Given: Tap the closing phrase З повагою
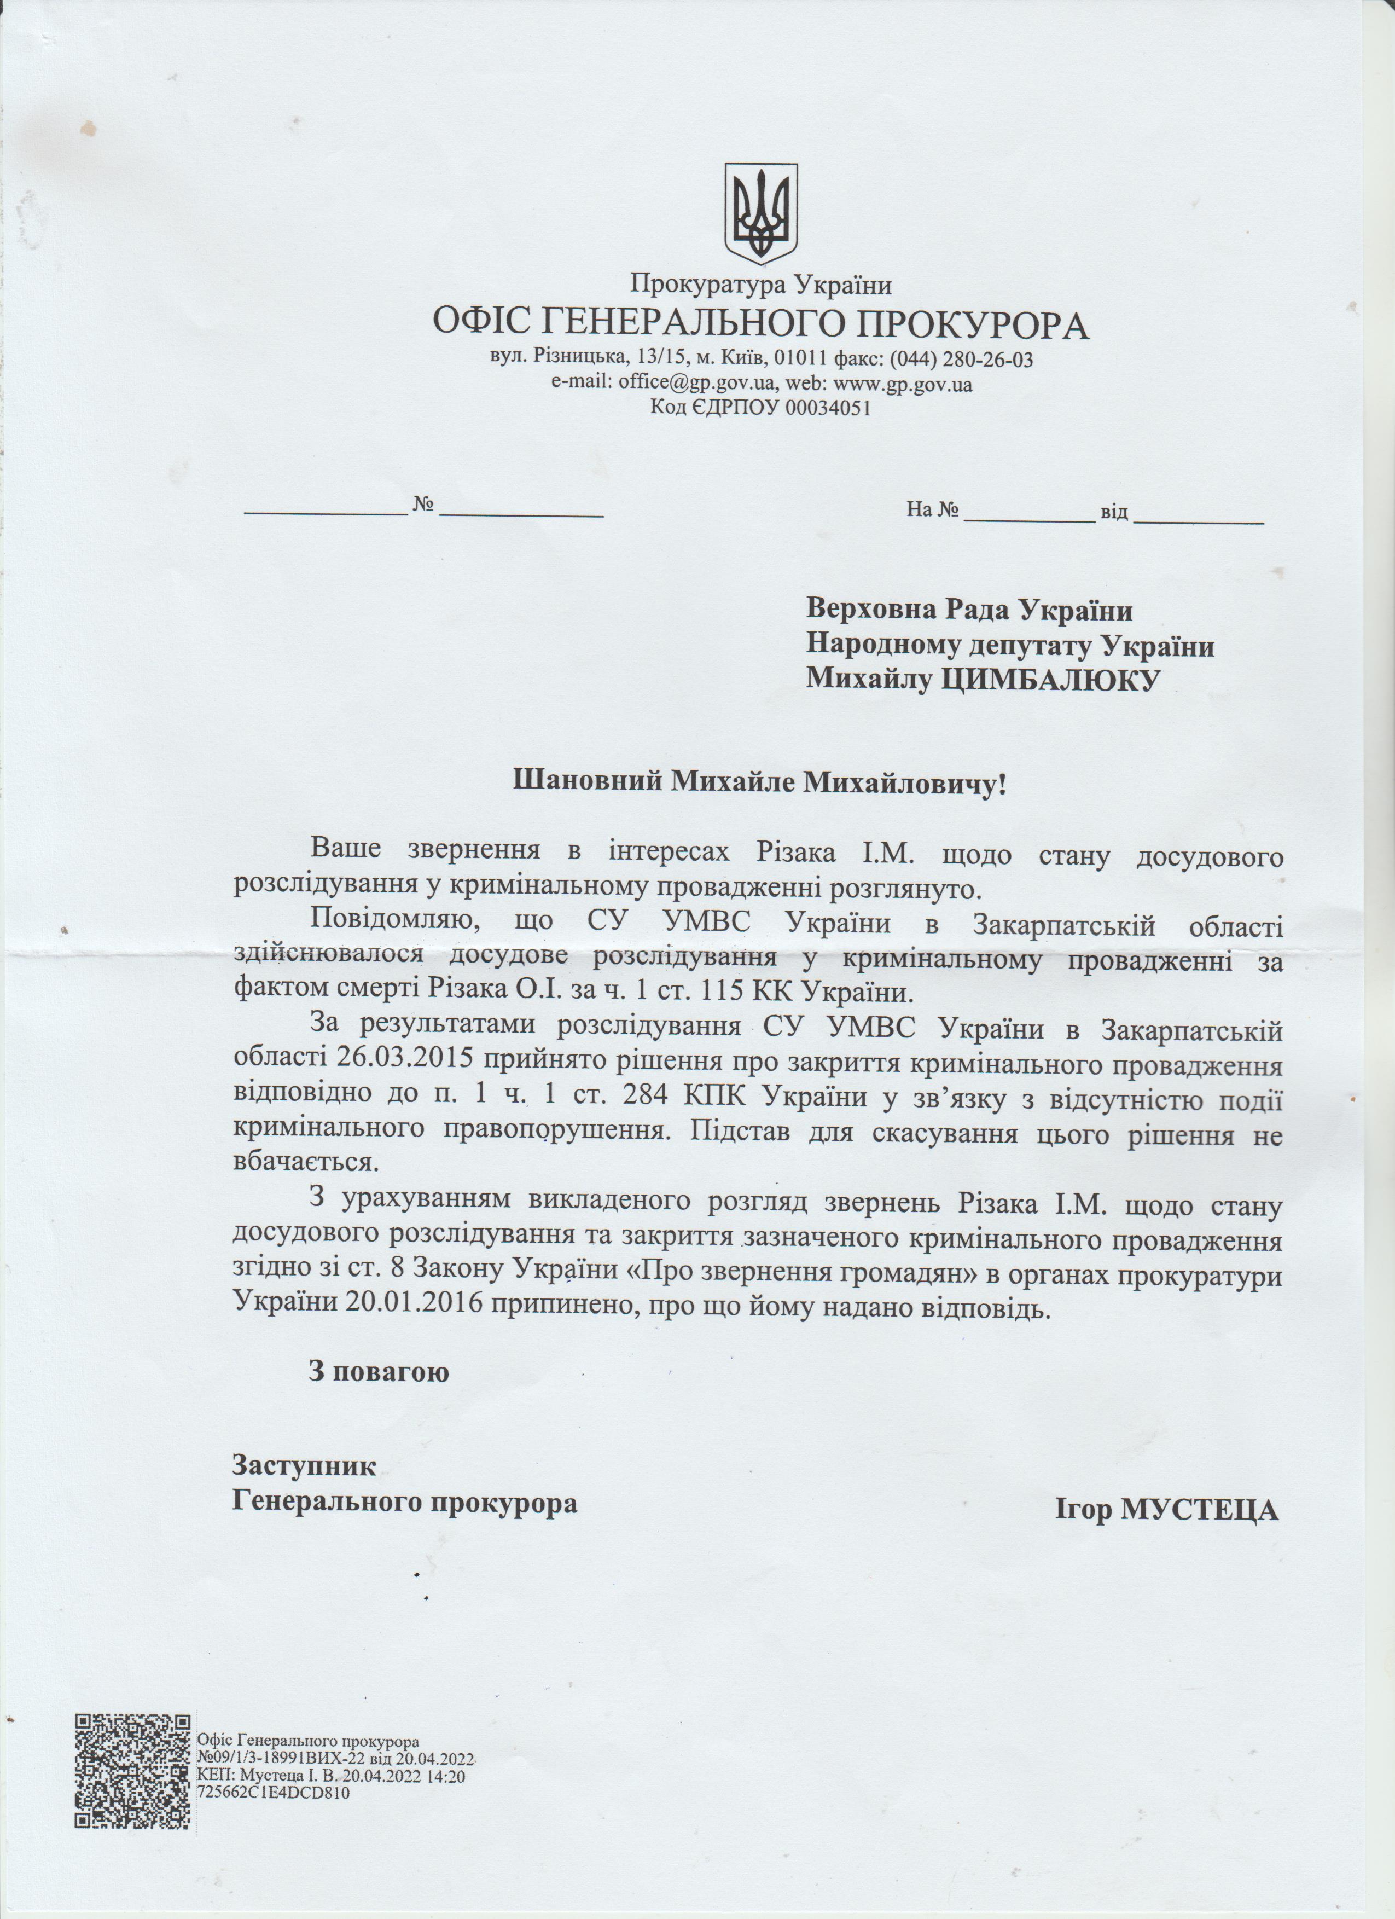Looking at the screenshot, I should click(378, 1372).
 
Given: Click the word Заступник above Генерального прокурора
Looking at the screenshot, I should click(304, 1465).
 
